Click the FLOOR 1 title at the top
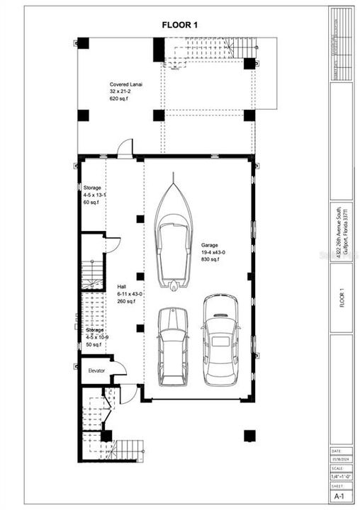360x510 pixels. pyautogui.click(x=180, y=25)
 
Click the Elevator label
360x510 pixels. pyautogui.click(x=97, y=370)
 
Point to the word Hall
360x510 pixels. pyautogui.click(x=122, y=287)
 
